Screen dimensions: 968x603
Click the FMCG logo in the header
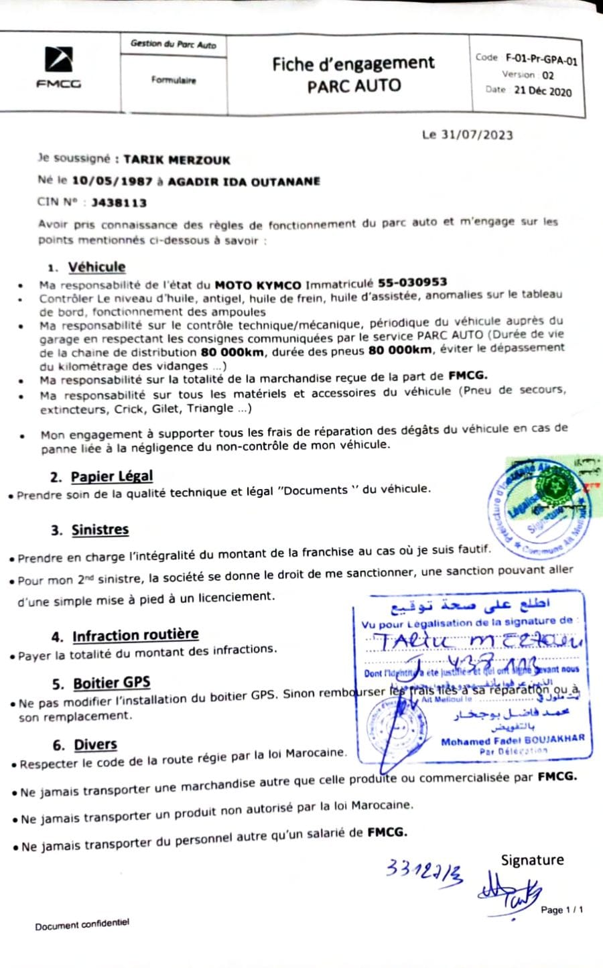pos(58,67)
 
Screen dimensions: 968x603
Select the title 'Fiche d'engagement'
pos(353,64)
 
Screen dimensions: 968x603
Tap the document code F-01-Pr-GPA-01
pos(541,60)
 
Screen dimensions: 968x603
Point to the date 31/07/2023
pos(477,135)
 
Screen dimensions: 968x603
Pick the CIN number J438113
pos(119,202)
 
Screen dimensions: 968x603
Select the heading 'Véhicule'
pos(96,267)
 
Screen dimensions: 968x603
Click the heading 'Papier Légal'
pos(112,476)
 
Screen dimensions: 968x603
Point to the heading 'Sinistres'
pos(100,529)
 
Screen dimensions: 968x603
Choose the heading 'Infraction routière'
pos(135,635)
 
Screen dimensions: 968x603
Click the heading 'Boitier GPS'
pos(111,683)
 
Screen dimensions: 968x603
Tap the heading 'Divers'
pos(95,744)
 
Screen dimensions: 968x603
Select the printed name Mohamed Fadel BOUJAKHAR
pos(513,740)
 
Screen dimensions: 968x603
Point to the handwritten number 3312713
pos(424,871)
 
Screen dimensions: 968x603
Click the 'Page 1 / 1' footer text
pos(561,910)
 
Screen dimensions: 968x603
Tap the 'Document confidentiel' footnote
pos(82,925)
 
